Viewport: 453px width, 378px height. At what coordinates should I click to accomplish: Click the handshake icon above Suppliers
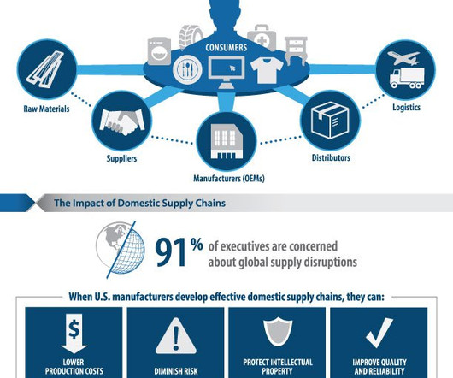point(121,122)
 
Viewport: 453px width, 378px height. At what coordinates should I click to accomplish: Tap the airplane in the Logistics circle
point(403,58)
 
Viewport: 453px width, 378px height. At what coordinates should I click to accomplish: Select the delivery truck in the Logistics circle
point(407,78)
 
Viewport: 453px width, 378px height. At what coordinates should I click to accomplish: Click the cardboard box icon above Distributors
point(330,120)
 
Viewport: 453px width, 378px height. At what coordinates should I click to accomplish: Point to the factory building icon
point(226,142)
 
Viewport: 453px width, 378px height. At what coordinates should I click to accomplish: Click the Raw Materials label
point(46,109)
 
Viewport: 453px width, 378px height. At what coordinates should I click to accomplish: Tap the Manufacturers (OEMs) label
point(229,178)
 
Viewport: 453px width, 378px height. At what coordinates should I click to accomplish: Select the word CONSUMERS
point(226,47)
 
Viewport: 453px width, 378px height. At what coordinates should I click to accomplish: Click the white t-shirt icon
point(267,70)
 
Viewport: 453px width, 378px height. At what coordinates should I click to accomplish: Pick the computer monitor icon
point(226,72)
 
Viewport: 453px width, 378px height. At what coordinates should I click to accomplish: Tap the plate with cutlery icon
point(187,69)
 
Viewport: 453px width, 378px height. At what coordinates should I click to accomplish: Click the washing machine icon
point(159,50)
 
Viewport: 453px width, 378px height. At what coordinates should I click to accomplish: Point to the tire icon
point(191,37)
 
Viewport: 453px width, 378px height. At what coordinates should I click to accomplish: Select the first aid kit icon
point(262,37)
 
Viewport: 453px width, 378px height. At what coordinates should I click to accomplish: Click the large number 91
point(171,253)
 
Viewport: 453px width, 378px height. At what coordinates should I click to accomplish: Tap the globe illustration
point(121,249)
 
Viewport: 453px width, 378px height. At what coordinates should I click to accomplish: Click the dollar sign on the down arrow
point(74,330)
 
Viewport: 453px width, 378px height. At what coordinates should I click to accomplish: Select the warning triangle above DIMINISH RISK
point(176,336)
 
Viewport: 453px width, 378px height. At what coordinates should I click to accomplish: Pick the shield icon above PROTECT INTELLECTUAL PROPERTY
point(278,331)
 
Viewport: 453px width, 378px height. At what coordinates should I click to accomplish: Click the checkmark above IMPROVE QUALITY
point(379,333)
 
